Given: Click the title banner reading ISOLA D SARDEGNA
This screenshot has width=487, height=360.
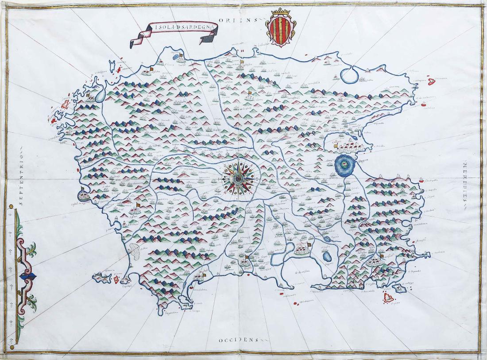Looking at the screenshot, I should [x=174, y=34].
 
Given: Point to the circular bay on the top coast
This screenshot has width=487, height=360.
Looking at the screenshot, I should [x=351, y=74].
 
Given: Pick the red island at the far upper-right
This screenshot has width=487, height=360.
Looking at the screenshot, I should [x=431, y=81].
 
